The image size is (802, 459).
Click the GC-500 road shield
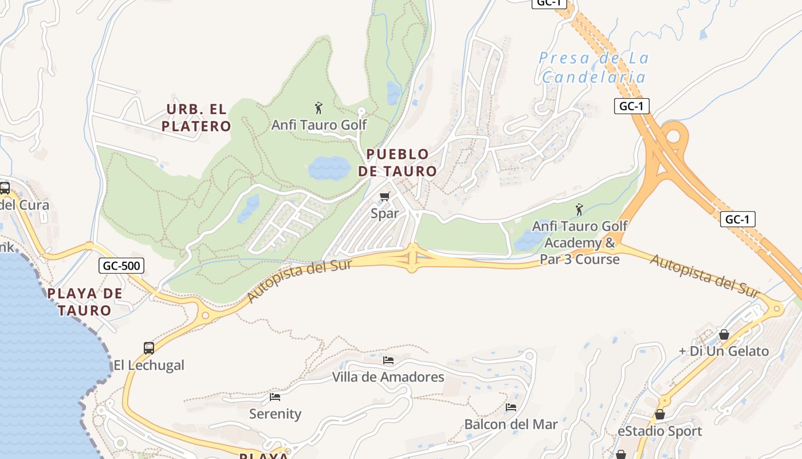pyautogui.click(x=121, y=266)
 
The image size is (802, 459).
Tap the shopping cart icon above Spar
pyautogui.click(x=385, y=197)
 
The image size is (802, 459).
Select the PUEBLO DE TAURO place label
pyautogui.click(x=398, y=162)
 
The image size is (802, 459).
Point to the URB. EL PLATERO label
pyautogui.click(x=196, y=118)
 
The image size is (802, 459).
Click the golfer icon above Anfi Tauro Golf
pyautogui.click(x=319, y=108)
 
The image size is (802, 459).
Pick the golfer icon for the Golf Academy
pyautogui.click(x=579, y=209)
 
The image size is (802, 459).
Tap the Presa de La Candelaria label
pyautogui.click(x=593, y=68)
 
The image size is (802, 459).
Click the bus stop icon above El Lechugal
pyautogui.click(x=149, y=348)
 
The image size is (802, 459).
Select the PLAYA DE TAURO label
pyautogui.click(x=85, y=302)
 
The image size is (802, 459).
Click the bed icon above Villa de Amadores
pyautogui.click(x=388, y=360)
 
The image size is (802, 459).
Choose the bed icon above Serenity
pyautogui.click(x=275, y=397)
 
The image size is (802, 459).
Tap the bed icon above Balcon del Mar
pyautogui.click(x=511, y=407)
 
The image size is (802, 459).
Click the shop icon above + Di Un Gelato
pyautogui.click(x=724, y=334)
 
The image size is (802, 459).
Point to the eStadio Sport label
pyautogui.click(x=659, y=431)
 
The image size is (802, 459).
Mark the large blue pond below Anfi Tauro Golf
pyautogui.click(x=329, y=168)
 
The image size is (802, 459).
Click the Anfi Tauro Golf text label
pyautogui.click(x=319, y=125)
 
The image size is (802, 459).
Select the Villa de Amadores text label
pyautogui.click(x=388, y=377)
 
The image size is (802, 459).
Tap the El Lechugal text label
pyautogui.click(x=149, y=365)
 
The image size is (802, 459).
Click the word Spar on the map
pyautogui.click(x=385, y=213)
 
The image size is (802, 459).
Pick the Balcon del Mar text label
pyautogui.click(x=511, y=425)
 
